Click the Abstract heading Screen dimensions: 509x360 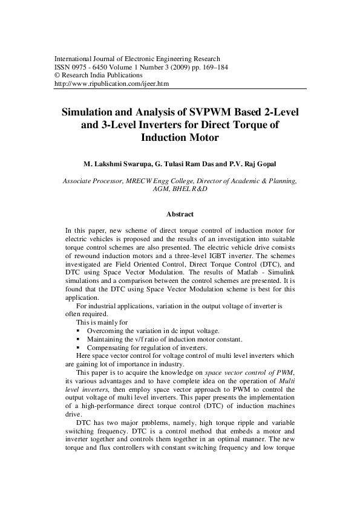180,215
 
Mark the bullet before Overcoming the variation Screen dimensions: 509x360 79,331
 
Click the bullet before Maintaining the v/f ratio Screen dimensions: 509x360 79,340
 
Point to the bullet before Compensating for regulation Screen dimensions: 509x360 79,348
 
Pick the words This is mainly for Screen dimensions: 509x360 102,323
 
